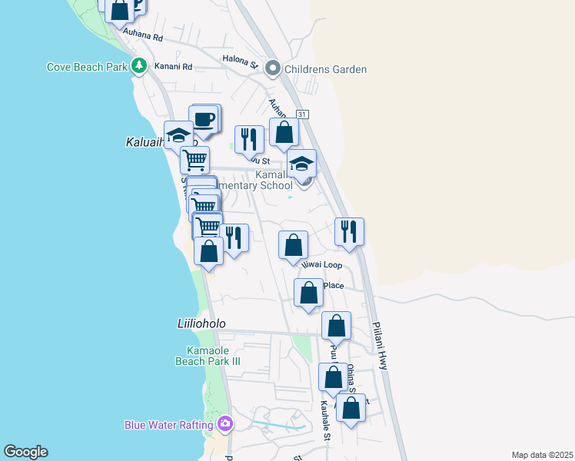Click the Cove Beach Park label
point(87,67)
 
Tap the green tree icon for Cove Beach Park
point(139,66)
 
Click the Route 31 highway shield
point(304,114)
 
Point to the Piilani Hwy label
point(381,345)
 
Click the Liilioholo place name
point(196,324)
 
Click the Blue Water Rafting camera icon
point(224,423)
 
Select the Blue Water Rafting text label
point(170,425)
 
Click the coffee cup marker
point(204,120)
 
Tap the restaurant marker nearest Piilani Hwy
point(350,231)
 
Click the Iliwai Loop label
point(321,264)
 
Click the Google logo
point(25,452)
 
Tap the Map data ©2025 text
point(543,455)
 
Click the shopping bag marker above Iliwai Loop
point(293,246)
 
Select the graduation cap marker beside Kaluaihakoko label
point(178,135)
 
